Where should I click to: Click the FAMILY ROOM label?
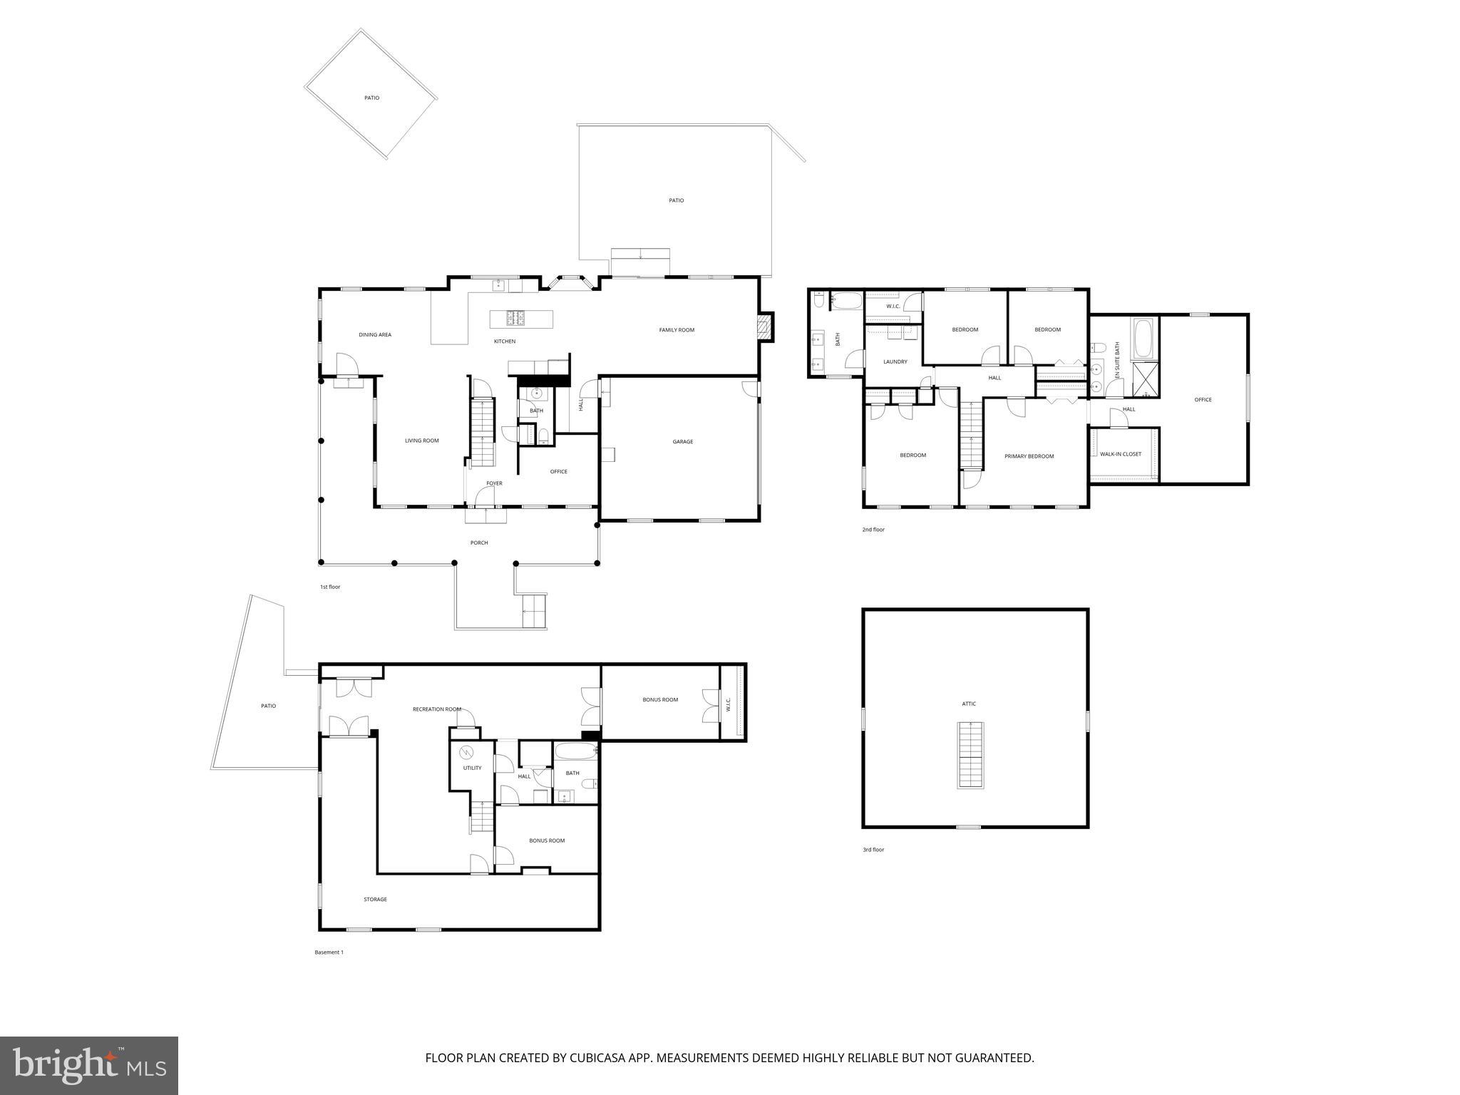pos(676,330)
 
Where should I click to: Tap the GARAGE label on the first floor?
pos(682,442)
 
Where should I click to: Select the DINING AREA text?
pos(374,335)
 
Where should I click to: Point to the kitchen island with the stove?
pos(521,318)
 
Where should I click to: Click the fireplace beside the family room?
pos(764,327)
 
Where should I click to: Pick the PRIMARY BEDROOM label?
pos(1029,456)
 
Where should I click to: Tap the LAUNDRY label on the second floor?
pos(895,362)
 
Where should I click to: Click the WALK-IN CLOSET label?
pos(1120,454)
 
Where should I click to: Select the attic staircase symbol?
pos(969,755)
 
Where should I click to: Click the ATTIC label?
pos(968,704)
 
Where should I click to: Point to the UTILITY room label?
pos(472,768)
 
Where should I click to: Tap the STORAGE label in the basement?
pos(375,900)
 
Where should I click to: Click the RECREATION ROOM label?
pos(436,709)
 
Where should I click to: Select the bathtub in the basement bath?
pos(575,751)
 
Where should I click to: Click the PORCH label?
pos(479,543)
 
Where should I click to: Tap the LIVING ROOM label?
pos(421,441)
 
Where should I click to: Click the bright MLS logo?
pos(89,1065)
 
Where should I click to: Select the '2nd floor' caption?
pos(873,530)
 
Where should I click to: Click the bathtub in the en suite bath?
pos(1143,339)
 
